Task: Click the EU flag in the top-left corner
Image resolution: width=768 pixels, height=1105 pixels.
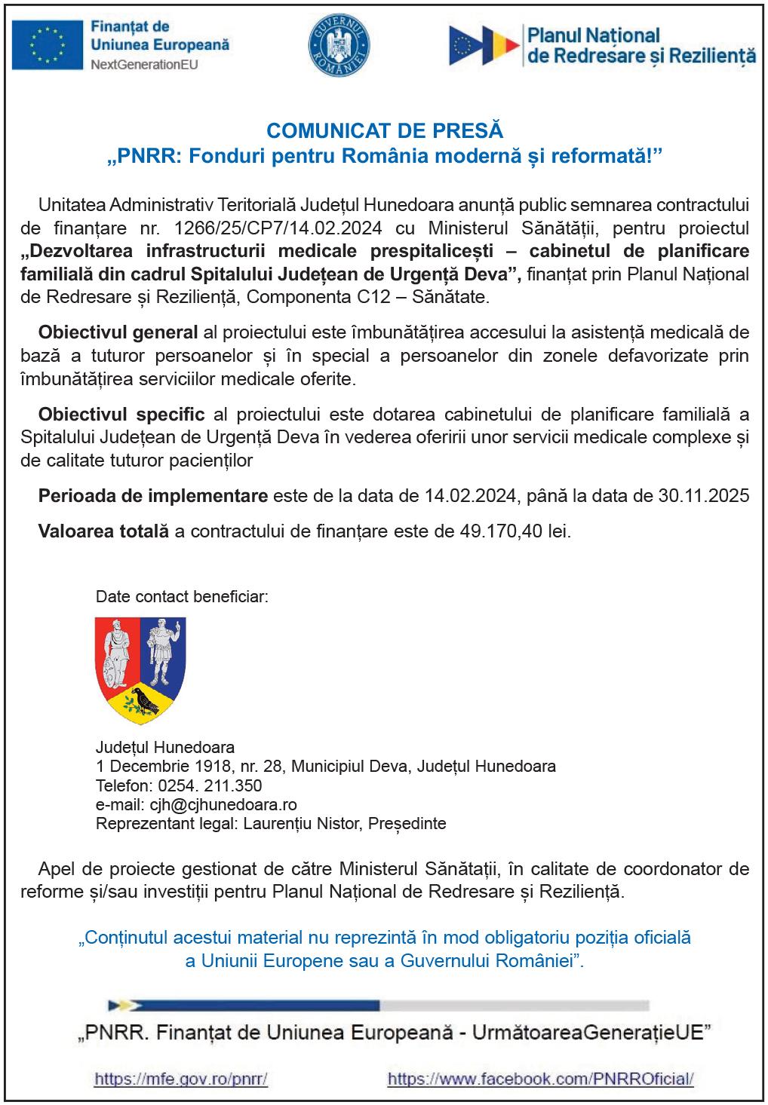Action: click(48, 43)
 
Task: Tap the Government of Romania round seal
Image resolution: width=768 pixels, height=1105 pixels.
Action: click(339, 43)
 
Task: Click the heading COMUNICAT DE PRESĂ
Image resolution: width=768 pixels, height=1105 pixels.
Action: click(384, 130)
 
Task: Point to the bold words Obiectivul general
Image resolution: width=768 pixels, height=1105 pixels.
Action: click(118, 332)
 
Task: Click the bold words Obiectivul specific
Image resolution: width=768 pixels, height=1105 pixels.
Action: click(121, 414)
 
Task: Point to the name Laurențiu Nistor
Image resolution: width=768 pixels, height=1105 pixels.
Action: click(302, 823)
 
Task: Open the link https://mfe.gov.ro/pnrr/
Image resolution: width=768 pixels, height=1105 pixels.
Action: click(181, 1079)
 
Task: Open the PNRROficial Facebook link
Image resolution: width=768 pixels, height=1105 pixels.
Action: click(540, 1079)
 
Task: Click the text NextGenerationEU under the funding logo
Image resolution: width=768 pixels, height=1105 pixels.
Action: click(143, 65)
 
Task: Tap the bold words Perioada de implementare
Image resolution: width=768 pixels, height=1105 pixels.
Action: click(153, 496)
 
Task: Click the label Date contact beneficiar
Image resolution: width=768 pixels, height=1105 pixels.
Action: click(182, 598)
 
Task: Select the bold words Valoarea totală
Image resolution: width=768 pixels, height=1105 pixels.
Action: click(103, 531)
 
